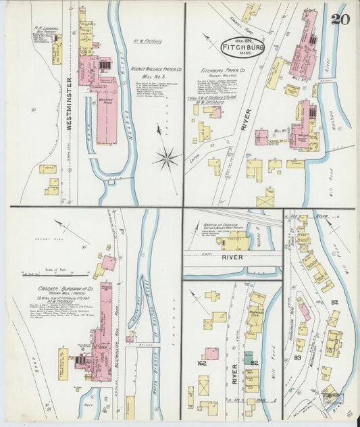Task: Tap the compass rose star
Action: pos(166,159)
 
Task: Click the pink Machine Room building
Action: pos(107,118)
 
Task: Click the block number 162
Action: pos(201,363)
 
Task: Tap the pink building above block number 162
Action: pos(211,353)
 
